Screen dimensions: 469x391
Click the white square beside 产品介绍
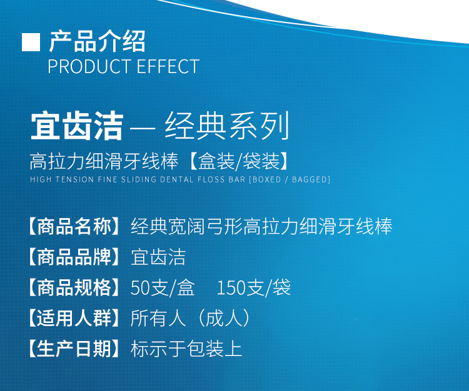[x=31, y=42]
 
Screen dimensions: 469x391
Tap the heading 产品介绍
[x=98, y=41]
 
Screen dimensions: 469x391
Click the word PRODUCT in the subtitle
[x=89, y=66]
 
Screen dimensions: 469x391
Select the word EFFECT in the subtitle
[x=168, y=66]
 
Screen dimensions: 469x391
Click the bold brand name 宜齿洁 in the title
[x=77, y=126]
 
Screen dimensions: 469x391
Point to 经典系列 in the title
[x=227, y=126]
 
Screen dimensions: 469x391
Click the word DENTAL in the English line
[x=177, y=179]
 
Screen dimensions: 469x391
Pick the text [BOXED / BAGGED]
[x=290, y=179]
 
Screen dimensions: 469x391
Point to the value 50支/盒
[x=163, y=288]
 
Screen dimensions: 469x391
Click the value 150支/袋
[x=254, y=288]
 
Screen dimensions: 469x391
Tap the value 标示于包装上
[x=186, y=349]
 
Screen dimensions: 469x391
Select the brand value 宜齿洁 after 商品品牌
[x=158, y=257]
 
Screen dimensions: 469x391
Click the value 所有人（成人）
[x=191, y=318]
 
